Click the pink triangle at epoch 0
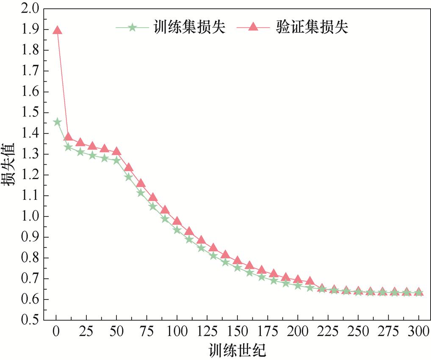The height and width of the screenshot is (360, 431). coord(57,30)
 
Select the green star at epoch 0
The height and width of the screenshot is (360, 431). coord(57,122)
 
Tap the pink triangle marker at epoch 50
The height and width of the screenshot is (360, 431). coord(117,151)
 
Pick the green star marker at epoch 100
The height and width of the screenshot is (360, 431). coord(177,230)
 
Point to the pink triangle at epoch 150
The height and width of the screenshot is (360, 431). coord(238,260)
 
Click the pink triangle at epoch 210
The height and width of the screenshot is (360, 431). coord(310,281)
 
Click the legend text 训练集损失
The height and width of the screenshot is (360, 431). coord(189,28)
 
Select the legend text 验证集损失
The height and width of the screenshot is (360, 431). coord(312,28)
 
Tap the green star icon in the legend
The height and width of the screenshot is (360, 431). coord(132,28)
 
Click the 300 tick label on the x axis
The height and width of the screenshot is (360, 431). coord(418,332)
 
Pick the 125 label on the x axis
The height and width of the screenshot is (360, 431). coord(207,332)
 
